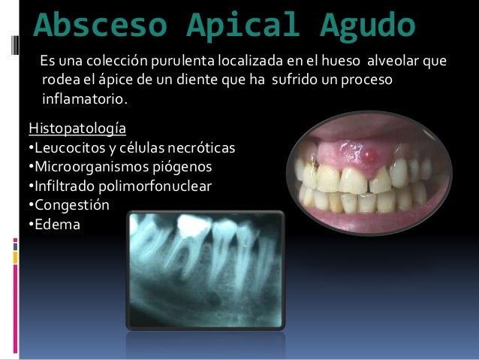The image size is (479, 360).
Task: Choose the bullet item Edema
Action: (x=55, y=223)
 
